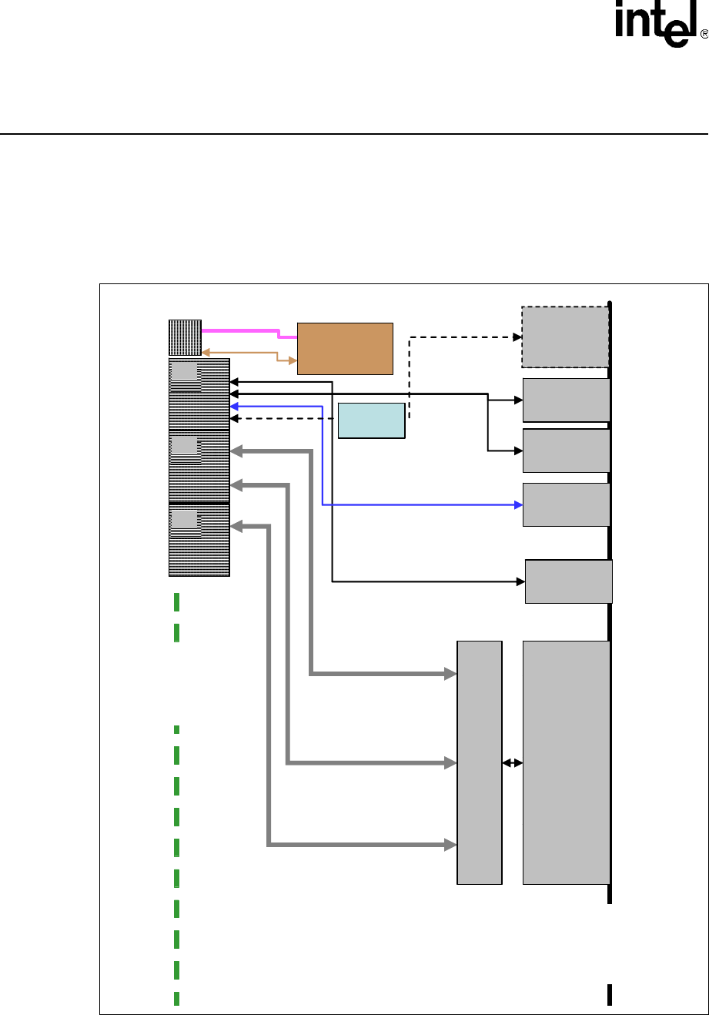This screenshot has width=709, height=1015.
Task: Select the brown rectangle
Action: [345, 348]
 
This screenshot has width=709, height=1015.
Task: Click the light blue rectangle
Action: [371, 420]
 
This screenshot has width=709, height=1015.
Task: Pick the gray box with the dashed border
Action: [565, 337]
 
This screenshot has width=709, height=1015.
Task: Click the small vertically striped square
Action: [185, 338]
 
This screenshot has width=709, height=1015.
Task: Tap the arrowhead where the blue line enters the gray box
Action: [518, 504]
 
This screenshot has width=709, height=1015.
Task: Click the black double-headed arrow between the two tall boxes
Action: [512, 762]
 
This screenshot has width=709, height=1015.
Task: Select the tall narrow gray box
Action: [480, 762]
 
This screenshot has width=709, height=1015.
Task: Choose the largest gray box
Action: [566, 762]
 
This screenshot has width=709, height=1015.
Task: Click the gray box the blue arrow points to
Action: [566, 504]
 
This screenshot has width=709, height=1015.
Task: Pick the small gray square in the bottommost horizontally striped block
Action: [184, 519]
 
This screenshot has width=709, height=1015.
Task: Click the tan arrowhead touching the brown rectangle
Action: [293, 360]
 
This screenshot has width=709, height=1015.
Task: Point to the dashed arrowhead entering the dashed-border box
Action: [517, 337]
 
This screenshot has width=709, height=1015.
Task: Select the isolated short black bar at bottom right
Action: [610, 994]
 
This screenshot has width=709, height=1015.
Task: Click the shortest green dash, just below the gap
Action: [176, 728]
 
